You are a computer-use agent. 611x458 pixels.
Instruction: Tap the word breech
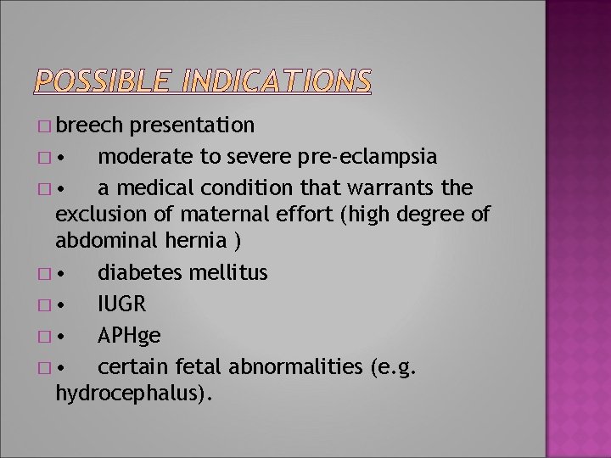click(x=91, y=126)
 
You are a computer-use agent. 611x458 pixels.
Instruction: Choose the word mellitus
click(x=229, y=272)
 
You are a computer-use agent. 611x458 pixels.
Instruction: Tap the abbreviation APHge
click(x=129, y=335)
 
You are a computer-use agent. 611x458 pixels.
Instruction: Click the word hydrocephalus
click(x=132, y=394)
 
